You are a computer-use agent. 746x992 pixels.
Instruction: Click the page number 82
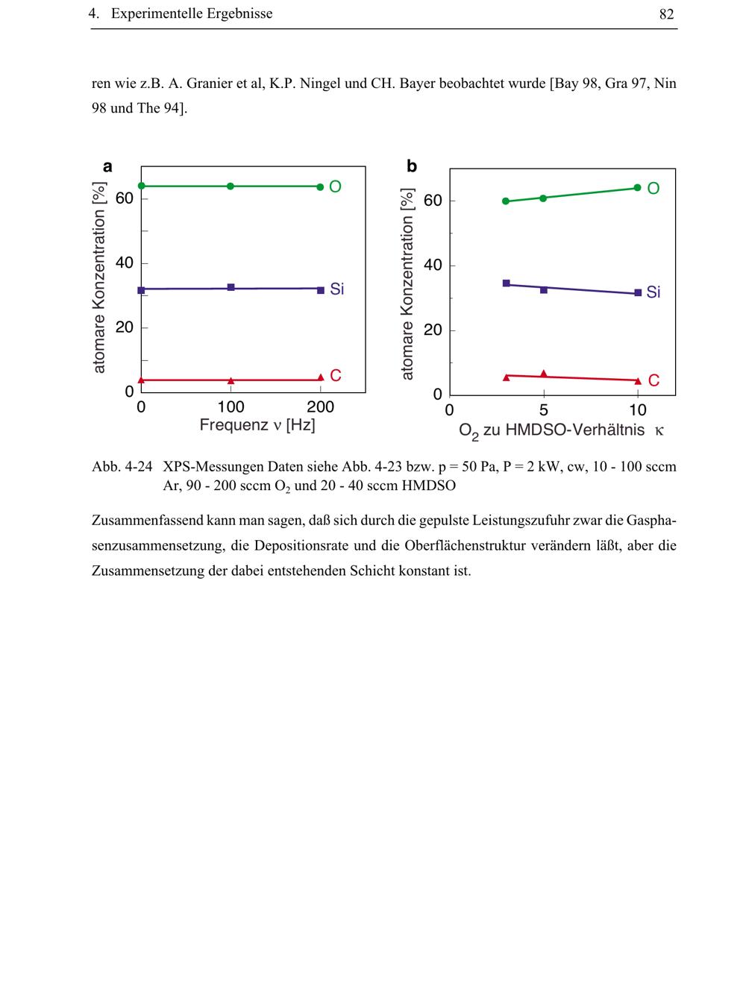(666, 14)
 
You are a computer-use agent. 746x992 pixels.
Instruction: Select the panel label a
(107, 167)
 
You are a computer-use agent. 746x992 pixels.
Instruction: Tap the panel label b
(412, 167)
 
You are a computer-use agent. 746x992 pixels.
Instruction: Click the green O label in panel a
(335, 186)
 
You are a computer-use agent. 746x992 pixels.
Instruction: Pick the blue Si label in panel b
(653, 292)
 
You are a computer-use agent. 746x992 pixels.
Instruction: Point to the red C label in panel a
(336, 376)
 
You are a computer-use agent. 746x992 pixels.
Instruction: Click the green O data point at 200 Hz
(320, 186)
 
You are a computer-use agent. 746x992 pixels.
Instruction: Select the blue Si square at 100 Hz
(231, 287)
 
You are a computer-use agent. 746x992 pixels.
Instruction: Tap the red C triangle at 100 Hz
(231, 380)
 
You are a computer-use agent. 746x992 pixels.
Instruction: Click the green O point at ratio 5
(543, 198)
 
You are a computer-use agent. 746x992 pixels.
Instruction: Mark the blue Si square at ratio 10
(638, 293)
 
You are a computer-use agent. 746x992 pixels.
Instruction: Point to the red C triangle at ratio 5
(543, 374)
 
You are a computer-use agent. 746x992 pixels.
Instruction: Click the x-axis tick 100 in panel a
(231, 407)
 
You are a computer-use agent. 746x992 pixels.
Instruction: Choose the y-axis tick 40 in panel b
(433, 266)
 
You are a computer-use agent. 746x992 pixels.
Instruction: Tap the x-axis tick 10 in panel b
(638, 410)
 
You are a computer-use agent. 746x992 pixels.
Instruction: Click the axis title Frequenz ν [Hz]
(257, 425)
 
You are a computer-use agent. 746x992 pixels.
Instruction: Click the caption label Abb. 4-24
(122, 467)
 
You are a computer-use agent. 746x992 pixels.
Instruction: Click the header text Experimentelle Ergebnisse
(192, 14)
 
